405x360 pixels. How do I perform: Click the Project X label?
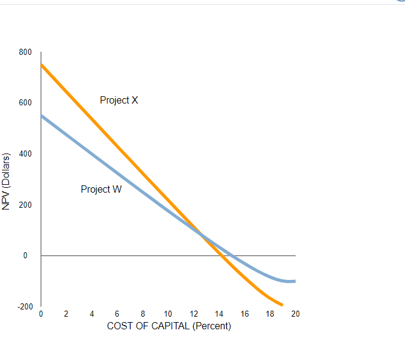pyautogui.click(x=119, y=101)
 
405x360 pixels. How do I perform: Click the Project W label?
pyautogui.click(x=101, y=190)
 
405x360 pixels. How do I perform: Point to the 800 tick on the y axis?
pyautogui.click(x=25, y=52)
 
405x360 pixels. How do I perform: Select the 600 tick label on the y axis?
pyautogui.click(x=25, y=103)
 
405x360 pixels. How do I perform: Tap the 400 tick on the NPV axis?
pyautogui.click(x=25, y=154)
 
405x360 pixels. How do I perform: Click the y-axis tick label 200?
pyautogui.click(x=25, y=205)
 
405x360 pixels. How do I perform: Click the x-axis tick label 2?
pyautogui.click(x=66, y=314)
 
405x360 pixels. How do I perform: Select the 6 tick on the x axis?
pyautogui.click(x=117, y=314)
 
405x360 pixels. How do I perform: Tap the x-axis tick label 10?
pyautogui.click(x=168, y=314)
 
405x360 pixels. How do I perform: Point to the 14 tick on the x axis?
pyautogui.click(x=219, y=314)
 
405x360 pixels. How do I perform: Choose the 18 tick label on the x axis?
pyautogui.click(x=270, y=314)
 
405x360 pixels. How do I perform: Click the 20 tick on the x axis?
pyautogui.click(x=295, y=314)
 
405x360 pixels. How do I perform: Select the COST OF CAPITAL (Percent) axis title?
pyautogui.click(x=168, y=326)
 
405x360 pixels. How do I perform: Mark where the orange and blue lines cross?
pyautogui.click(x=200, y=235)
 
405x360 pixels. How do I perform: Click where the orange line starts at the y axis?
pyautogui.click(x=41, y=64)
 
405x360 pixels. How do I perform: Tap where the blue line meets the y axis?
pyautogui.click(x=41, y=115)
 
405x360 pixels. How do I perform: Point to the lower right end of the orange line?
pyautogui.click(x=282, y=305)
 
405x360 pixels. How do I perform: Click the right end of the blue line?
pyautogui.click(x=295, y=281)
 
